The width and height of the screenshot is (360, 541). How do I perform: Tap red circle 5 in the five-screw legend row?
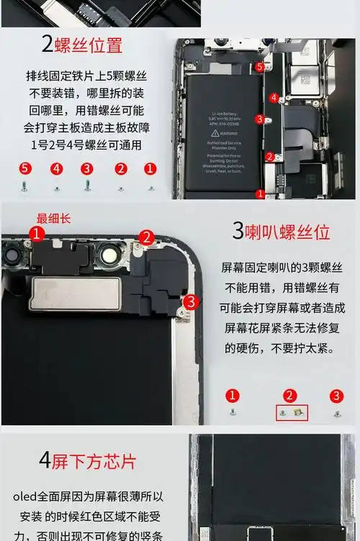[x=25, y=169]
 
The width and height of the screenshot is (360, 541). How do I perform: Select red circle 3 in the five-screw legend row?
[x=86, y=169]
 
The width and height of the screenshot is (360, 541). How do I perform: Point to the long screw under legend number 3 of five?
[x=87, y=185]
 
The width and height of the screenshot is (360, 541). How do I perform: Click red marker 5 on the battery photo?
[x=260, y=67]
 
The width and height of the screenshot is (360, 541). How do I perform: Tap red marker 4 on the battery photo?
[x=274, y=97]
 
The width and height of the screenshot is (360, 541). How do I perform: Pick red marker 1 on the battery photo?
[x=260, y=194]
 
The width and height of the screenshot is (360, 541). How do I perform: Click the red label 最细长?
[x=54, y=218]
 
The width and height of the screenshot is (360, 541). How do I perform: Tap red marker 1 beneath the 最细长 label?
[x=37, y=233]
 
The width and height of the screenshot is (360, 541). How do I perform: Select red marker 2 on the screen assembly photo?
[x=147, y=237]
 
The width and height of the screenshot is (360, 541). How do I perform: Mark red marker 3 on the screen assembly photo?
[x=190, y=301]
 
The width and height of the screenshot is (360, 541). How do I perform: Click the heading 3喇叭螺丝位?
[x=281, y=232]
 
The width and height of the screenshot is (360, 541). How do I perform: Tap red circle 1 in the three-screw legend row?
[x=232, y=396]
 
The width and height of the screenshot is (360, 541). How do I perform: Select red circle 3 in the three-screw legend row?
[x=336, y=396]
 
